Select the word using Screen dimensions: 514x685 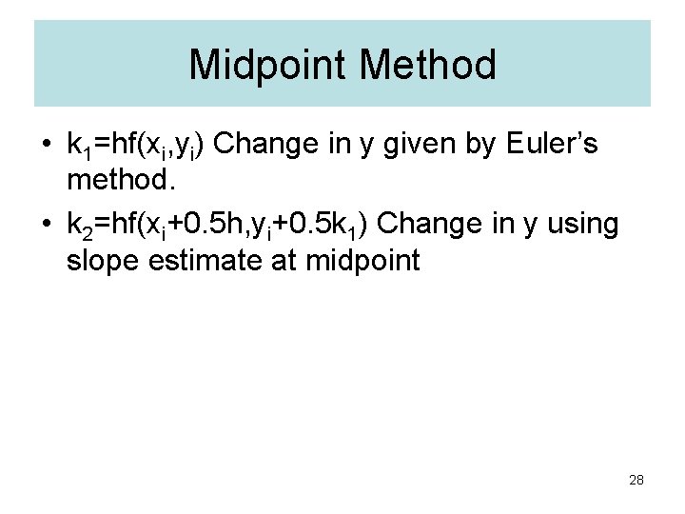point(583,226)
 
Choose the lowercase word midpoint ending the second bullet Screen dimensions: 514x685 point(363,260)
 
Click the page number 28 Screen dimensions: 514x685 point(636,480)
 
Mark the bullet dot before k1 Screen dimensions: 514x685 point(46,147)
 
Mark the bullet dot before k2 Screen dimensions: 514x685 point(46,227)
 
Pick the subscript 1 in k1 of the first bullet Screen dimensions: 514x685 point(87,152)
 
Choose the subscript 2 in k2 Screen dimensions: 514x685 point(87,232)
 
